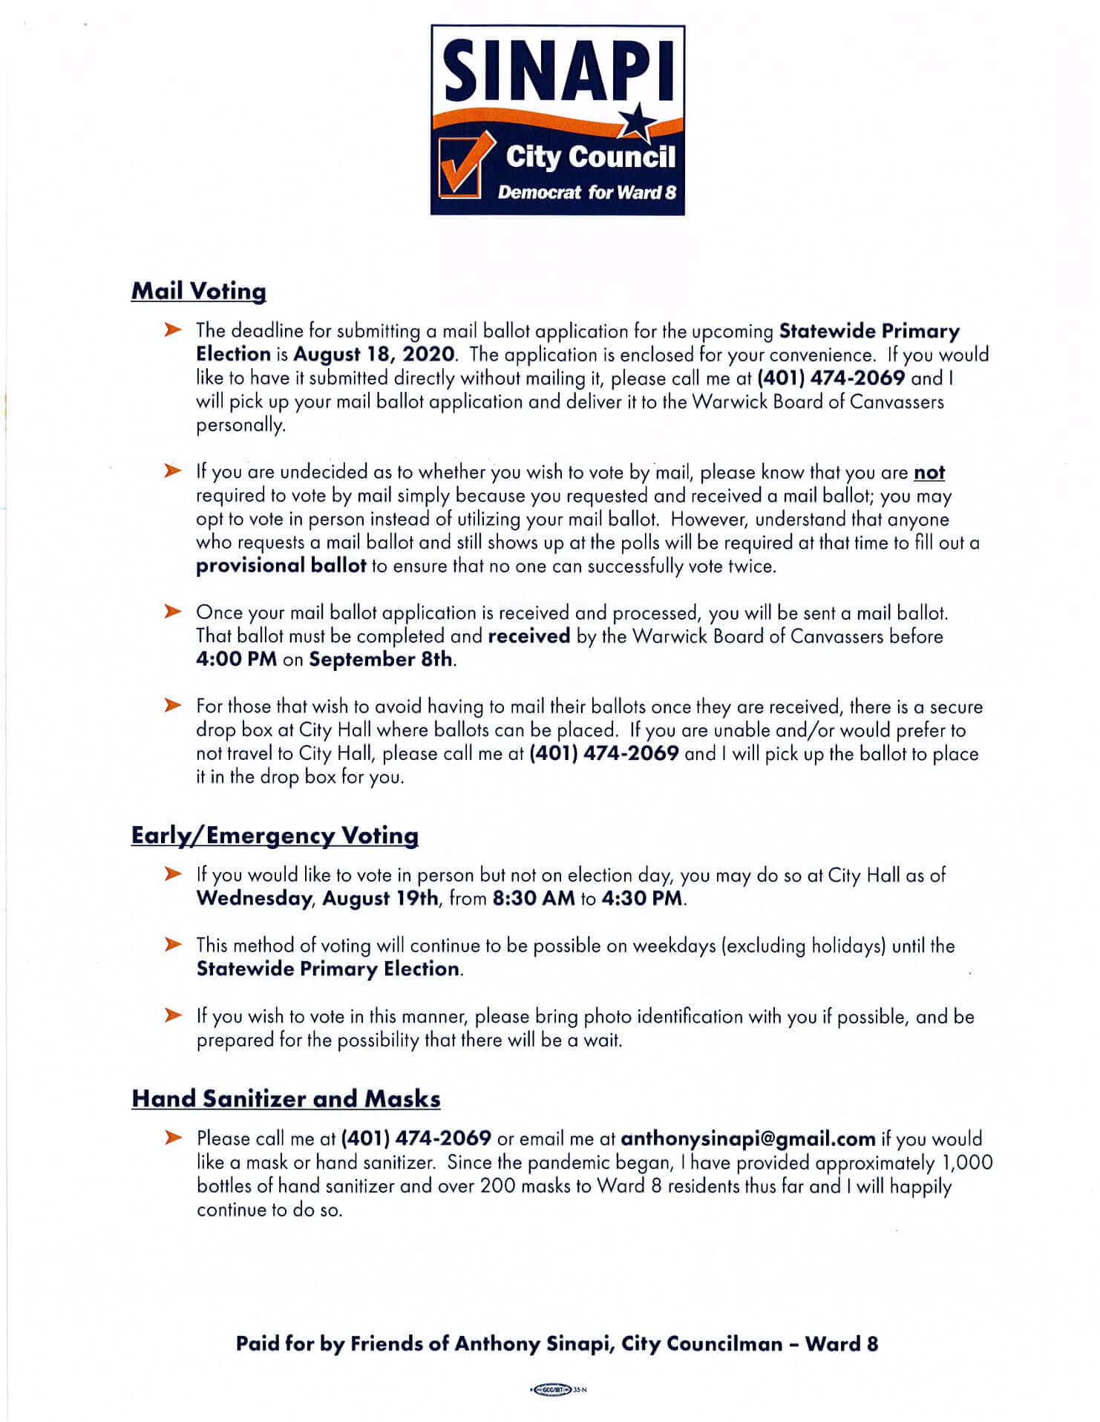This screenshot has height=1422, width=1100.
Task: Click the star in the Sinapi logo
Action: [x=636, y=122]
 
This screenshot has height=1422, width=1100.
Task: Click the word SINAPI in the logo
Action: [x=557, y=71]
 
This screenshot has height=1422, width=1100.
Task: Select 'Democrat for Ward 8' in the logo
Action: [x=586, y=193]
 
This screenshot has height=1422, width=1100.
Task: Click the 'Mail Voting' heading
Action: [x=198, y=291]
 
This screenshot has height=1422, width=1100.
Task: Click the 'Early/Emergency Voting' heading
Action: [x=275, y=836]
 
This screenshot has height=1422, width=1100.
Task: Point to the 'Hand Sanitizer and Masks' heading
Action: [x=286, y=1098]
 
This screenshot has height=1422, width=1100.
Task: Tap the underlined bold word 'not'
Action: [x=929, y=472]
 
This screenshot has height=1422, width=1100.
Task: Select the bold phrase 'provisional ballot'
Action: [x=281, y=566]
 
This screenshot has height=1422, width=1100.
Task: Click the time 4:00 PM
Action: [x=236, y=659]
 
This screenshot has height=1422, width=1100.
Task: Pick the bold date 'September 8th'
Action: [x=380, y=659]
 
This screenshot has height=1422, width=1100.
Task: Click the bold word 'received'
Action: [x=528, y=636]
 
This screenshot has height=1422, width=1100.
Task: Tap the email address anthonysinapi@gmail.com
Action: [x=747, y=1138]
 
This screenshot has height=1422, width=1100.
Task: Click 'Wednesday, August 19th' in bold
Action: [x=317, y=898]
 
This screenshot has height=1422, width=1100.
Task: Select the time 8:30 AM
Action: [x=533, y=898]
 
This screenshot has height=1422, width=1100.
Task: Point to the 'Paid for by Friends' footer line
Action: [x=557, y=1343]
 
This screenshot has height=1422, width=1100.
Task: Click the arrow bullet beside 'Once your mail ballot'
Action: [x=173, y=612]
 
